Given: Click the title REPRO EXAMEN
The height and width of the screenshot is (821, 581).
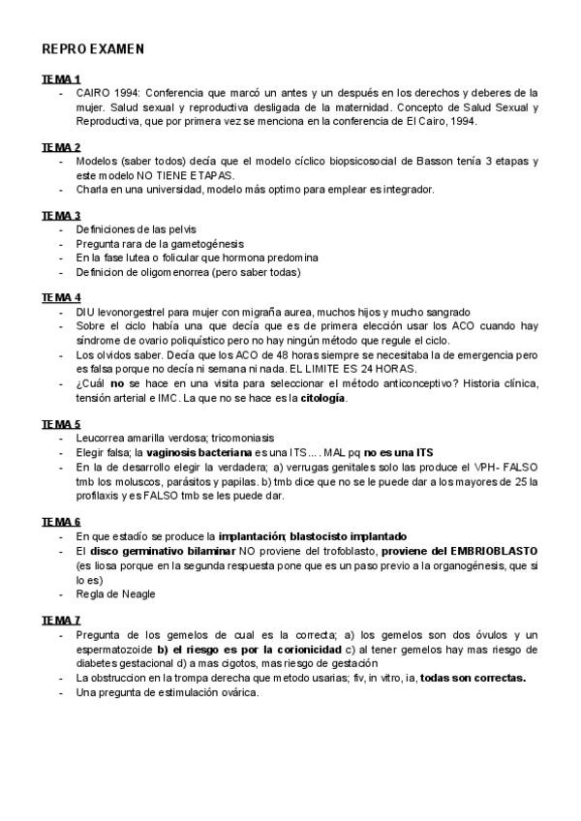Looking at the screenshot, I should [94, 47].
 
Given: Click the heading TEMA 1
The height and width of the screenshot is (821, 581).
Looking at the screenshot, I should [61, 78].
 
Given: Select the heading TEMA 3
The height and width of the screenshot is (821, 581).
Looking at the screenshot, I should [61, 215].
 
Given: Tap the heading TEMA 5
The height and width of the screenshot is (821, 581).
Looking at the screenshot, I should [61, 424].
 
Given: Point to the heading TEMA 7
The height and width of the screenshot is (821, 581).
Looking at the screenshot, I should [61, 619].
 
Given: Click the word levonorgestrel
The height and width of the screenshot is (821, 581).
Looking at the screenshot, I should [135, 312].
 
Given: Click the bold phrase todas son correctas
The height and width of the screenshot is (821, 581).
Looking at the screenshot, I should [473, 678].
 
